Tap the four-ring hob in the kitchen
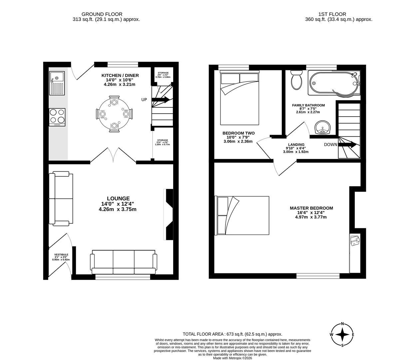click(57, 117)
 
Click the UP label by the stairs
click(144, 100)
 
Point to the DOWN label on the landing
click(330, 145)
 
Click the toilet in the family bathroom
click(296, 80)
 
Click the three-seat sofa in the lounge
click(124, 262)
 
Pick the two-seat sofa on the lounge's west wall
click(61, 198)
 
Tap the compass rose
click(342, 335)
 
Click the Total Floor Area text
click(232, 334)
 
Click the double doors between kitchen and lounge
click(113, 155)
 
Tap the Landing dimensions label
click(296, 148)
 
